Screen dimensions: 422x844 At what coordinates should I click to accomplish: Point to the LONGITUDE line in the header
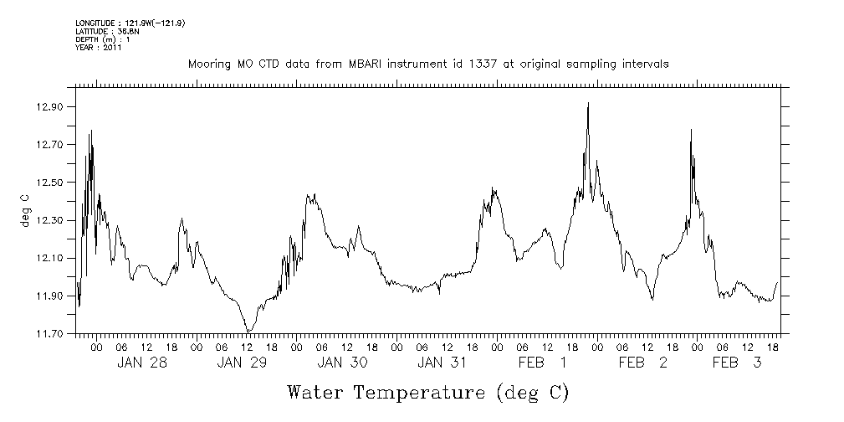pos(130,23)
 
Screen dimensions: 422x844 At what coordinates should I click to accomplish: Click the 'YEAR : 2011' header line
pos(99,48)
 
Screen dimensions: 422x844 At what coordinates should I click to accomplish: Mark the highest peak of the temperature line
pos(588,103)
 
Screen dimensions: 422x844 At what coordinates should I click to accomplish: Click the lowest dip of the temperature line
pos(248,332)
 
